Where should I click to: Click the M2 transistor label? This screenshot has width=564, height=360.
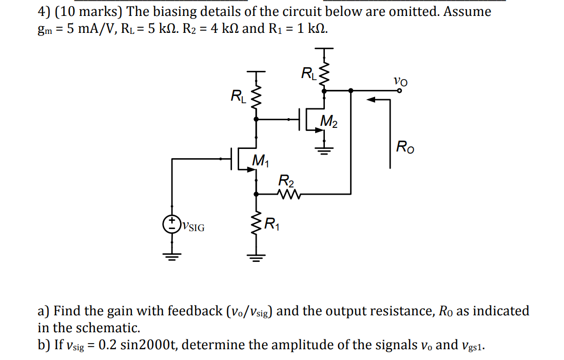pyautogui.click(x=329, y=122)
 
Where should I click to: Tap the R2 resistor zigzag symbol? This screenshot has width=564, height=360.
pyautogui.click(x=285, y=194)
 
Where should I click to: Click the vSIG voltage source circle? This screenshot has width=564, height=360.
pyautogui.click(x=171, y=223)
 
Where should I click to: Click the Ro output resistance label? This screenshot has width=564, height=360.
pyautogui.click(x=405, y=149)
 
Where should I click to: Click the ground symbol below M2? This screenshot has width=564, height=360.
pyautogui.click(x=324, y=150)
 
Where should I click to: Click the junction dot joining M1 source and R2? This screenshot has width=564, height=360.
pyautogui.click(x=256, y=194)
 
